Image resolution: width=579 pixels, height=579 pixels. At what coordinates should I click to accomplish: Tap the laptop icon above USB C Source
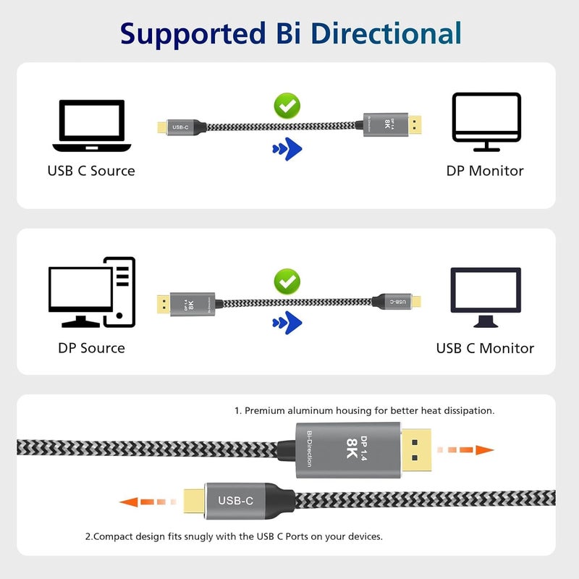[x=91, y=126]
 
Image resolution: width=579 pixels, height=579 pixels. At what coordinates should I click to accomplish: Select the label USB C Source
[x=91, y=171]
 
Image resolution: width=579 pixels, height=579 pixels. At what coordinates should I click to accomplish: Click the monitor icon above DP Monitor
[x=486, y=121]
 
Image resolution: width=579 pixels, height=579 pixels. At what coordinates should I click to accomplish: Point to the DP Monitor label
[x=485, y=171]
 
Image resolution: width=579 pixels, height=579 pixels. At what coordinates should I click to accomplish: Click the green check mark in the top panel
[x=287, y=106]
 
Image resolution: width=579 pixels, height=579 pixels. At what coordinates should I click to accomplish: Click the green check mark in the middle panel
[x=287, y=282]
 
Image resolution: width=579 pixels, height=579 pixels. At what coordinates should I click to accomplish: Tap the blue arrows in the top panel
[x=287, y=148]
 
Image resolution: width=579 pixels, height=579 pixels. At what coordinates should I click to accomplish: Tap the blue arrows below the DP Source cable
[x=287, y=322]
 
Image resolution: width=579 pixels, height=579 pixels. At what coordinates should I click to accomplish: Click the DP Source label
[x=91, y=348]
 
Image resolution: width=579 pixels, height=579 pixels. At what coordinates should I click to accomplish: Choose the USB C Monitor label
[x=485, y=348]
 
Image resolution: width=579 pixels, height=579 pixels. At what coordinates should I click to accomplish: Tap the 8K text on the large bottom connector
[x=352, y=449]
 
